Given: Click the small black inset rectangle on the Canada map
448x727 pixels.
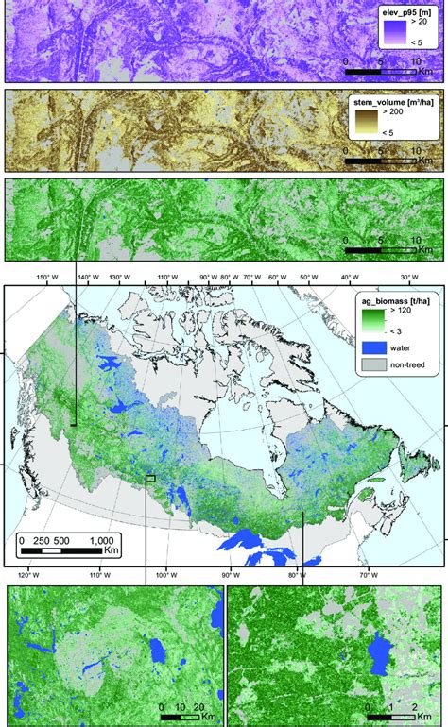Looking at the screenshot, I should click(x=150, y=479).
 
